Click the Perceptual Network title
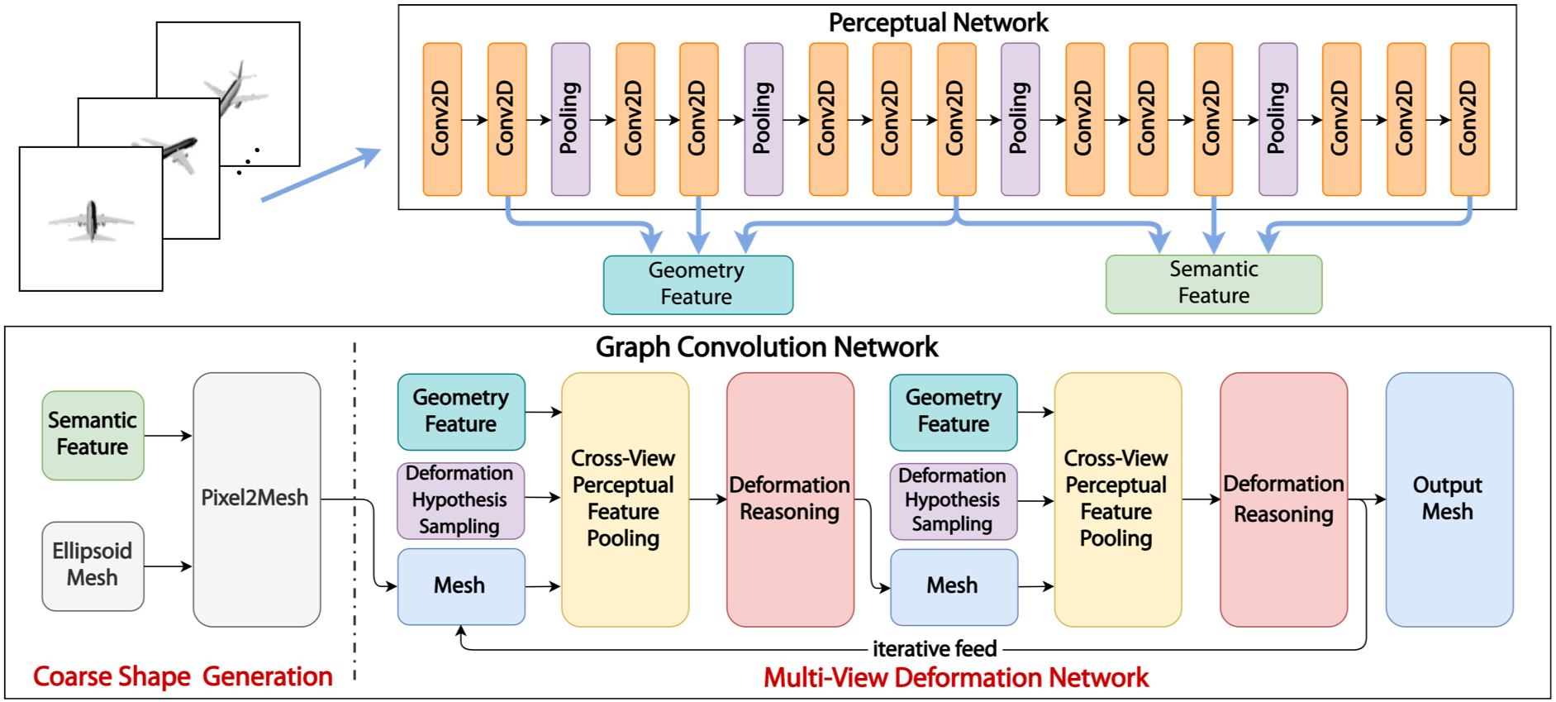point(938,22)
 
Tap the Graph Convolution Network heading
point(767,346)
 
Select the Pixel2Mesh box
point(257,499)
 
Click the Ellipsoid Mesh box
point(93,566)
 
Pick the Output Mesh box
point(1449,499)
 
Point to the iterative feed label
point(935,649)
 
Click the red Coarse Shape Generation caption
point(183,676)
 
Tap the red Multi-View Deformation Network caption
point(956,678)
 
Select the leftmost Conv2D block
point(442,119)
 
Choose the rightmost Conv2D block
point(1470,119)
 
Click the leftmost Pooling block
point(571,119)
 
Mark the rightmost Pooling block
point(1278,119)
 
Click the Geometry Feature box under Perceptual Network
point(698,284)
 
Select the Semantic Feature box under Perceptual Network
point(1214,284)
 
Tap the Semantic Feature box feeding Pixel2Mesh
point(93,436)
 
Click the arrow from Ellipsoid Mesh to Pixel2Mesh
point(169,566)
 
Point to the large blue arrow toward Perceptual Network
point(321,174)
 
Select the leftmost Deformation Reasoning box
point(790,499)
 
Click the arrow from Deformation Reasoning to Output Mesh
point(1367,499)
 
